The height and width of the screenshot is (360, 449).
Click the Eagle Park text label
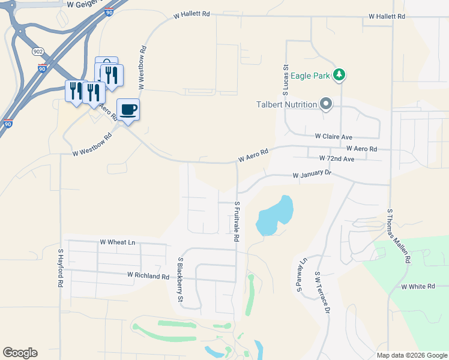311,76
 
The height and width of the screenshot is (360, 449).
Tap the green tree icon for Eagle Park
340,74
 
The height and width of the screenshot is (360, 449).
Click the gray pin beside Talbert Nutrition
326,105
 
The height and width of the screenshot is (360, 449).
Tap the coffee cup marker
128,110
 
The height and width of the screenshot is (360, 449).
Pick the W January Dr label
312,175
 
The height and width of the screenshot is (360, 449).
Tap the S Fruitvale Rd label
237,221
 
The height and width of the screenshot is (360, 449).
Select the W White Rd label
418,287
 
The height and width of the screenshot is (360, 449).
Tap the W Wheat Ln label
118,242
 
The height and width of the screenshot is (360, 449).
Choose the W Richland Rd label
148,276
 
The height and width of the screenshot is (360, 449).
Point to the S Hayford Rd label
60,268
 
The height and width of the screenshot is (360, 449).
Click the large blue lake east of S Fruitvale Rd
276,215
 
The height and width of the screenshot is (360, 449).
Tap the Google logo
20,353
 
